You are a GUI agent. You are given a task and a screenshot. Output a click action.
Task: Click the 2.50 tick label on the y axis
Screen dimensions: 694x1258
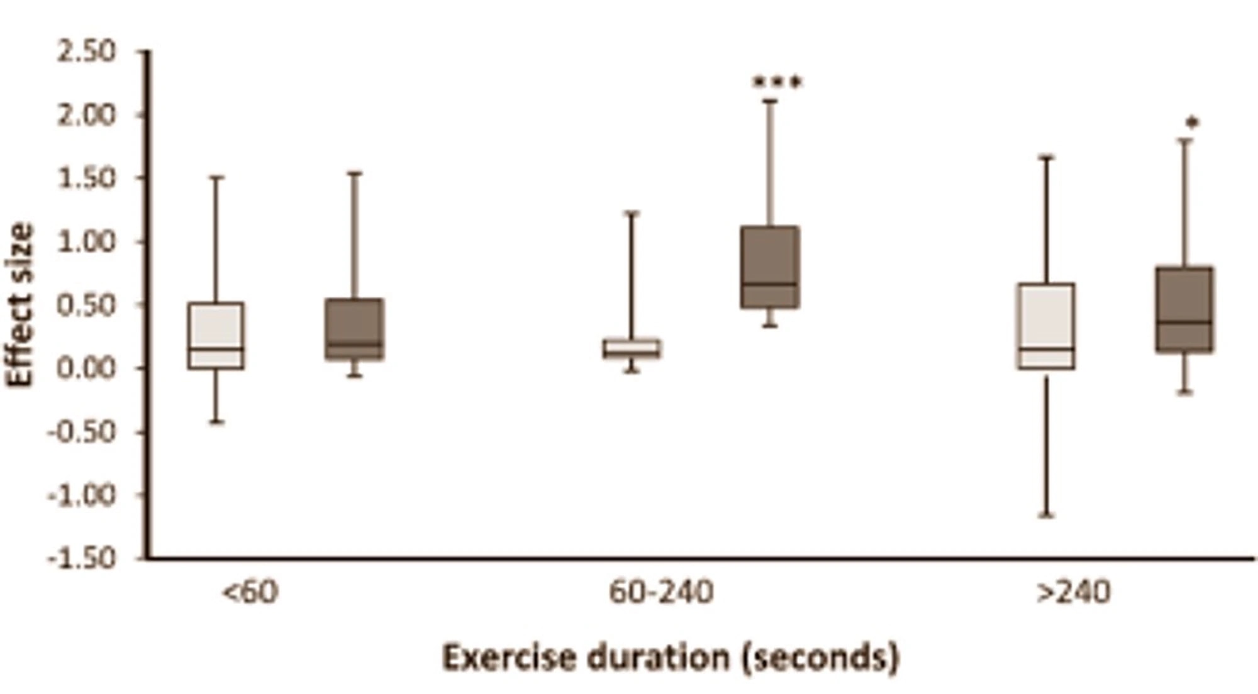point(87,52)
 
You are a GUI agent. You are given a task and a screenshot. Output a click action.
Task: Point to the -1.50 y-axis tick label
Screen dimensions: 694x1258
point(82,558)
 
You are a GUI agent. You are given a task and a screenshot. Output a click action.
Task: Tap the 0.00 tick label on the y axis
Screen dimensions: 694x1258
point(87,368)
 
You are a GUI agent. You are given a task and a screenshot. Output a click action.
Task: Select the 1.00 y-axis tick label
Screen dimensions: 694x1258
point(87,241)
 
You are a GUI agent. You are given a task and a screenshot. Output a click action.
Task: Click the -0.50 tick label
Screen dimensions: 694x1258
point(82,432)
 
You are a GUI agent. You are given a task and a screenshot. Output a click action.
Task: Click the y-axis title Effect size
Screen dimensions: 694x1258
point(20,306)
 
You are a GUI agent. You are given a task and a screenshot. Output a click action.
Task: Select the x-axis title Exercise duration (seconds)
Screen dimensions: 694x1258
point(671,658)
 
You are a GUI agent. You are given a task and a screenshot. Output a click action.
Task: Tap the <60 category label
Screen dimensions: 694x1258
point(250,592)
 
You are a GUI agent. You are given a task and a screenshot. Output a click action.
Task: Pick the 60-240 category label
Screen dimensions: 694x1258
point(661,592)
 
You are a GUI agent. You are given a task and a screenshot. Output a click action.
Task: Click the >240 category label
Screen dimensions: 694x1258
point(1073,592)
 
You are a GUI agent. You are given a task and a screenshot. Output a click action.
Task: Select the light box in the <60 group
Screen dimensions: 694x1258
point(216,336)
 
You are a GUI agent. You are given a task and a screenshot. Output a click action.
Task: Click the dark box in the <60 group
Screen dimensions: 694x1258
point(355,329)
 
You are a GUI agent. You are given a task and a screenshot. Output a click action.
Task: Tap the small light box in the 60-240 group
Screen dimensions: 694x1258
point(632,348)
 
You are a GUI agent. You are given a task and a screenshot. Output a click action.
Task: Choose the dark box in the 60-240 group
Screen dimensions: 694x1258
point(771,267)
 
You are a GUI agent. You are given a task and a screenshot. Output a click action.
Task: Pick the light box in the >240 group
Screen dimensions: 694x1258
point(1047,326)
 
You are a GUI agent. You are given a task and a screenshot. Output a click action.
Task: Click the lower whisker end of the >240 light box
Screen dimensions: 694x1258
point(1047,515)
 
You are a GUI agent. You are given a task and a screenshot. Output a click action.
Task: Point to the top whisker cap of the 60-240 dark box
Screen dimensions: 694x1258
point(771,101)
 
